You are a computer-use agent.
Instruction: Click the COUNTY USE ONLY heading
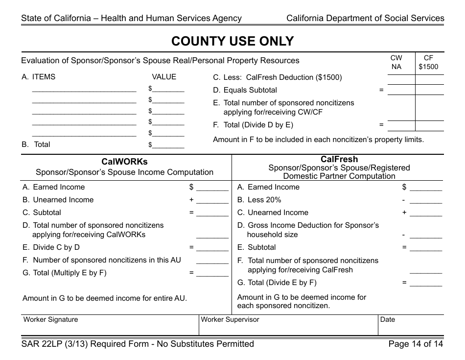tap(232, 41)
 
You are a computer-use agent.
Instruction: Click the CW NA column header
tap(396, 63)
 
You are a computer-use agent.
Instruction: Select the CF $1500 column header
tap(429, 63)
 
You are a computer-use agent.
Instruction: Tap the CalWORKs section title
tap(124, 161)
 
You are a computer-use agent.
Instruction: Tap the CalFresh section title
tap(339, 159)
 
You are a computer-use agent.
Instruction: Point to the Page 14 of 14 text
tap(415, 344)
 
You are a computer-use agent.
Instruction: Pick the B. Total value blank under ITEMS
tap(168, 145)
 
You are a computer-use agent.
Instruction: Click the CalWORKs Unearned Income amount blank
tap(212, 200)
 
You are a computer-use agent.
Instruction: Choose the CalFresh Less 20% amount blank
tap(425, 200)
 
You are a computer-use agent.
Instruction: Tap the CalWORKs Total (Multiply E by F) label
tap(65, 273)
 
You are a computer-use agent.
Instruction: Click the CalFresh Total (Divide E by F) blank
tap(425, 283)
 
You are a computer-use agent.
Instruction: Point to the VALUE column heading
tap(164, 77)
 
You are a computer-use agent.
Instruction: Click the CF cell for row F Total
tap(429, 125)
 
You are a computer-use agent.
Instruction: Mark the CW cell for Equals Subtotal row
tap(401, 90)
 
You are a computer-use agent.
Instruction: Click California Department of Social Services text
tap(365, 19)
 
